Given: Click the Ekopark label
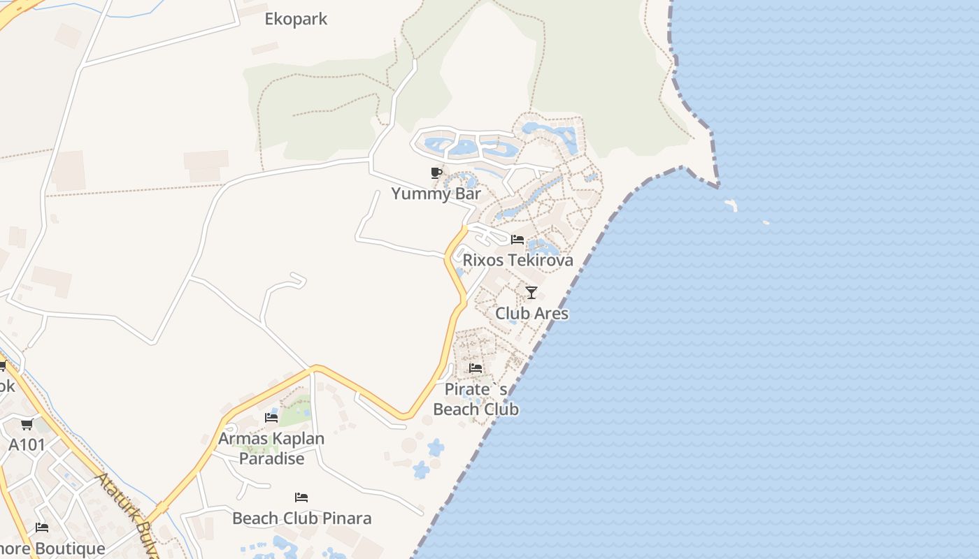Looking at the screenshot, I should (x=296, y=19).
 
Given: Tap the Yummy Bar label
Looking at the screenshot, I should (x=436, y=194).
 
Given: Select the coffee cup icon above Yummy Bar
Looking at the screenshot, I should (x=436, y=173).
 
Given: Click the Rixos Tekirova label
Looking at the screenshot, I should (x=518, y=260).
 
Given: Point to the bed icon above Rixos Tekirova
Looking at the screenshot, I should (x=517, y=239).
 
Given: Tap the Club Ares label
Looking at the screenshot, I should (x=531, y=313).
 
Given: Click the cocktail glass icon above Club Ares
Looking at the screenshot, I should (x=531, y=292).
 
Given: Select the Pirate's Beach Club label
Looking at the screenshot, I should (x=476, y=399).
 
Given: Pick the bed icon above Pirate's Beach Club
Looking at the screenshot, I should (x=476, y=368).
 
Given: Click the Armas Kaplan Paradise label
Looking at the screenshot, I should (x=271, y=448).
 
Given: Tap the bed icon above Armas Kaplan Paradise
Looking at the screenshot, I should (x=271, y=418).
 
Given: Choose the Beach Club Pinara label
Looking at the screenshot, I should (x=301, y=518).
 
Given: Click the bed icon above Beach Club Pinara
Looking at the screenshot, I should (x=301, y=498).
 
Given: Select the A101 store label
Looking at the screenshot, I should (x=27, y=445).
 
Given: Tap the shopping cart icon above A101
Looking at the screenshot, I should (x=27, y=424).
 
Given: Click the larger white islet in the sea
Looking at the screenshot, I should (x=731, y=205).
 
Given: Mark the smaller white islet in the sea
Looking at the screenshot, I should (x=766, y=223).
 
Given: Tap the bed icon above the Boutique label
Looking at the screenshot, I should (x=42, y=528).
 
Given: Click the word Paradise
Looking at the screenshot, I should (x=271, y=458).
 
